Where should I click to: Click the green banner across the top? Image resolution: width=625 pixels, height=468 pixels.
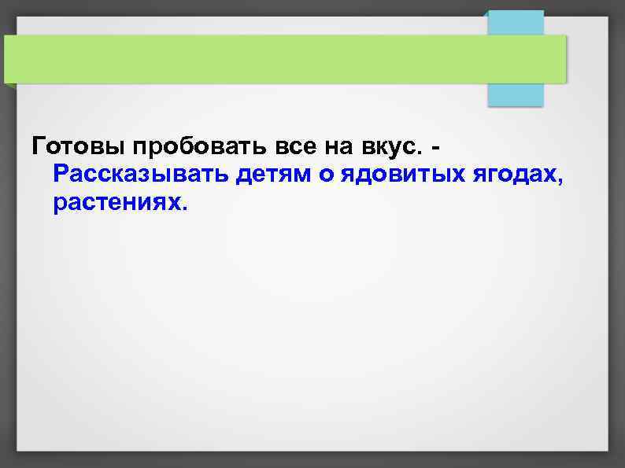click(283, 59)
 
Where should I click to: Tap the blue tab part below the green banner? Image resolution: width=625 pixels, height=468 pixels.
click(515, 94)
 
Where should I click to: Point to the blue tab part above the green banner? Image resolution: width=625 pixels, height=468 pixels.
click(515, 22)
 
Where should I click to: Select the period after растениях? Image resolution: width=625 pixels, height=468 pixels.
click(186, 208)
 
